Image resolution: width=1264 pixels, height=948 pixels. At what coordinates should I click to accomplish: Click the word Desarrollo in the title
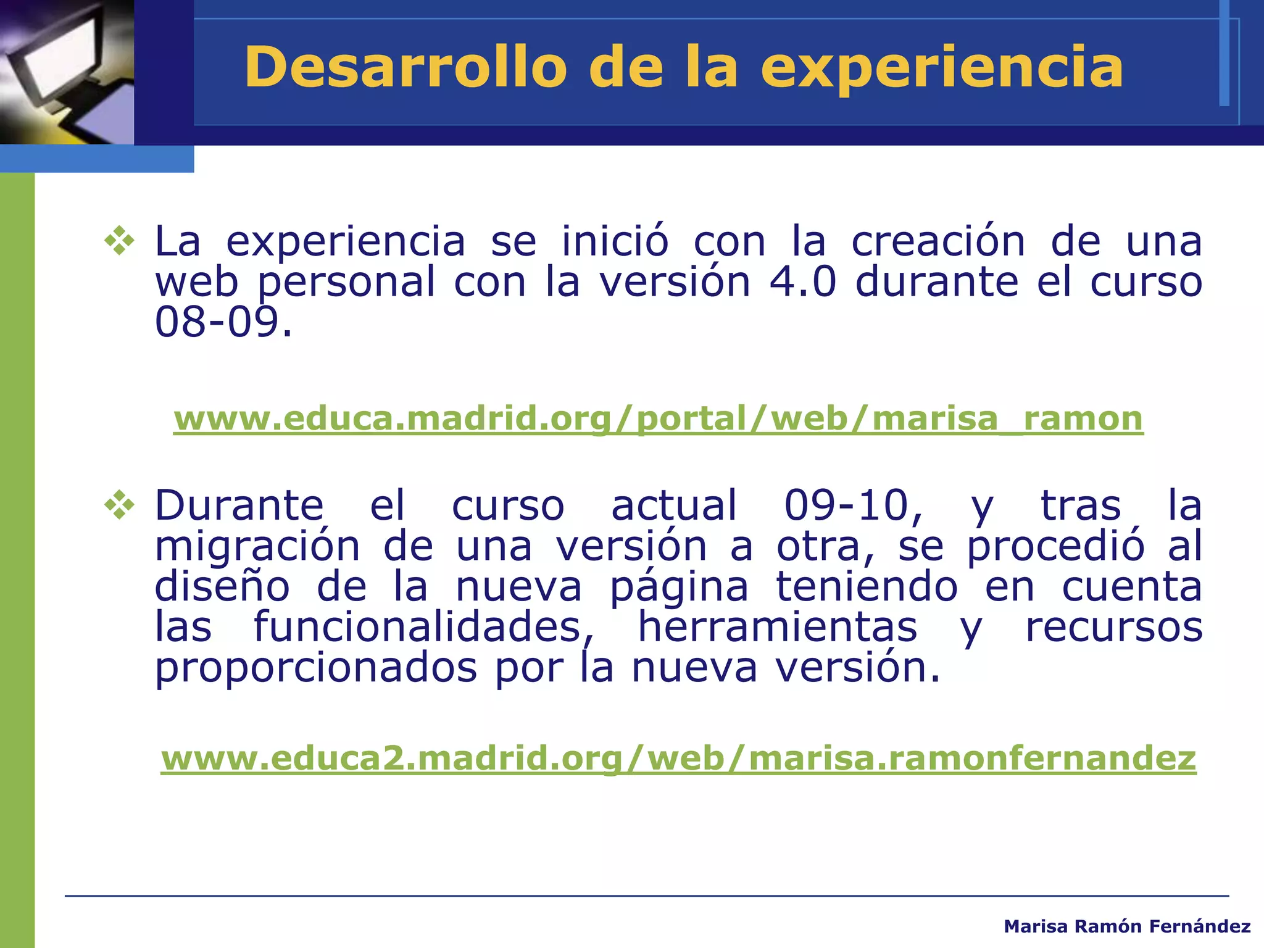coord(405,67)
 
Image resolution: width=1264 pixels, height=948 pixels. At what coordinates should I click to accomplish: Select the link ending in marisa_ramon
coord(658,418)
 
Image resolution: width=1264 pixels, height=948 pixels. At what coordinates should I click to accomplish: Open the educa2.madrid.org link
coord(678,758)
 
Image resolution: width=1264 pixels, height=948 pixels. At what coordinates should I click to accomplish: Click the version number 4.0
coord(802,282)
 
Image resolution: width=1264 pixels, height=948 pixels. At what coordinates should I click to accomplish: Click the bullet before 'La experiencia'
coord(120,241)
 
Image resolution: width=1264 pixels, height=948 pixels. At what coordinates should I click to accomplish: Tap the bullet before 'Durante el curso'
coord(120,505)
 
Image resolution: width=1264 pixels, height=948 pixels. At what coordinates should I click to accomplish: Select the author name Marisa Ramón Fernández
coord(1127,926)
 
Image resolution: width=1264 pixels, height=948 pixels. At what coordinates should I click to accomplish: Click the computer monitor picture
coord(67,72)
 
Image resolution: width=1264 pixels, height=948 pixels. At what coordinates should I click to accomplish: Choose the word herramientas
coord(777,627)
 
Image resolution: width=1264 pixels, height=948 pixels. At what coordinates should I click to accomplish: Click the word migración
coord(257,547)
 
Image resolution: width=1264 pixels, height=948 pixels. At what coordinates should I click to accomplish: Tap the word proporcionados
coord(315,668)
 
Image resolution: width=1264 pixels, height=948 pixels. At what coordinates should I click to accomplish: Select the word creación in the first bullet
coord(938,241)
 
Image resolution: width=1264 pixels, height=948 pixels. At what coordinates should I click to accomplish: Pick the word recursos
coord(1113,627)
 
